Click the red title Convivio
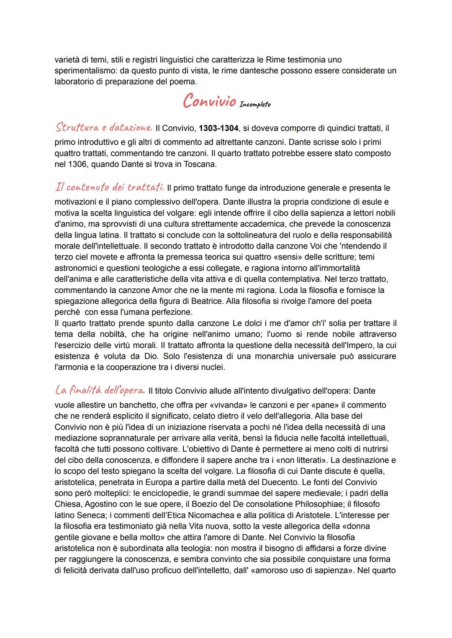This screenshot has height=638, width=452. click(x=209, y=102)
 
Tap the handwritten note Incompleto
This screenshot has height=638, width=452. click(x=255, y=105)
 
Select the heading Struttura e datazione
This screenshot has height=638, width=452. click(x=103, y=127)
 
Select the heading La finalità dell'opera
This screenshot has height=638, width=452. click(x=100, y=390)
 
